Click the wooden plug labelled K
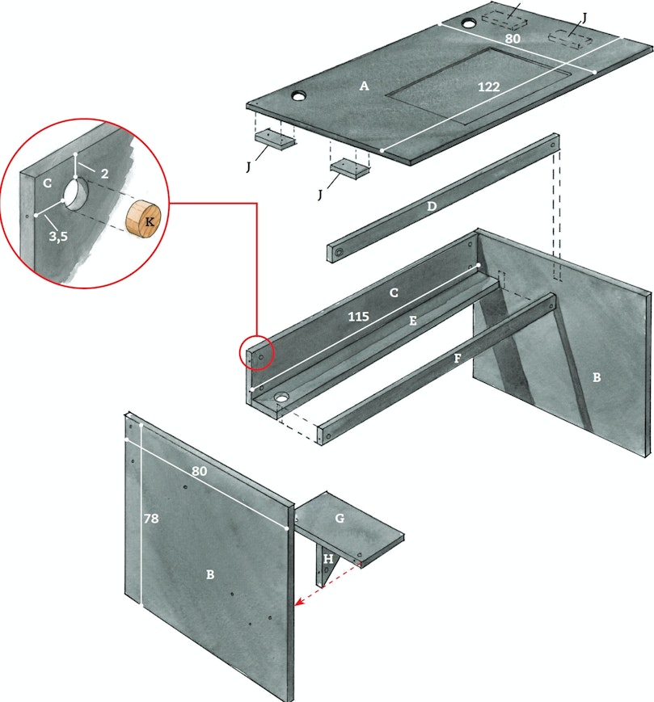(x=143, y=218)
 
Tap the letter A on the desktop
(x=364, y=86)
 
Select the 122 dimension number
(x=489, y=86)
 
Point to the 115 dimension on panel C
(x=358, y=317)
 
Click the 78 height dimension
(x=151, y=519)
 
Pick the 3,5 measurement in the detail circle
(x=58, y=236)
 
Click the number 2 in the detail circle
(x=104, y=173)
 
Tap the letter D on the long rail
(x=431, y=206)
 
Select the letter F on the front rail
(x=458, y=358)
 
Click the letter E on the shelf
(x=413, y=321)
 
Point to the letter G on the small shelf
(x=340, y=518)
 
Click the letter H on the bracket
(x=328, y=559)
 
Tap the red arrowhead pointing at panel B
(x=299, y=601)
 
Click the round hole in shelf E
(x=282, y=397)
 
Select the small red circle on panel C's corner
(x=256, y=352)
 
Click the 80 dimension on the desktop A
(x=513, y=39)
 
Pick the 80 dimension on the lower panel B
(x=200, y=471)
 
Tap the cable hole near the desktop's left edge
(x=298, y=95)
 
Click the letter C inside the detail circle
(x=48, y=183)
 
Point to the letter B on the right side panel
(x=597, y=377)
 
